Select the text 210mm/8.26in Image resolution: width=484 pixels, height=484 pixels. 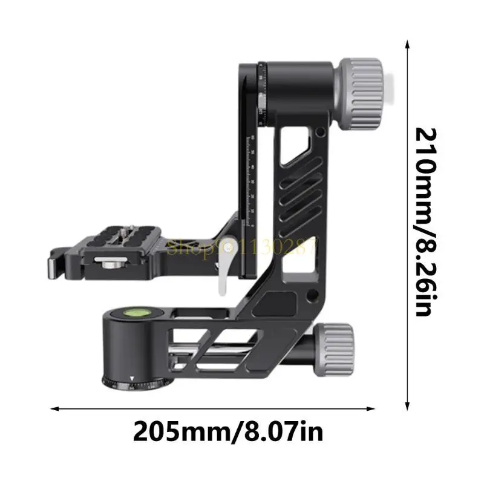click(x=423, y=221)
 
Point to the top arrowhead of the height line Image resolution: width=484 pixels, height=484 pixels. click(x=407, y=44)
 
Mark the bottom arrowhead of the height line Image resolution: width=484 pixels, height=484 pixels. click(x=407, y=400)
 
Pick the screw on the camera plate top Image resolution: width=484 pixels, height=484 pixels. click(x=128, y=230)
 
